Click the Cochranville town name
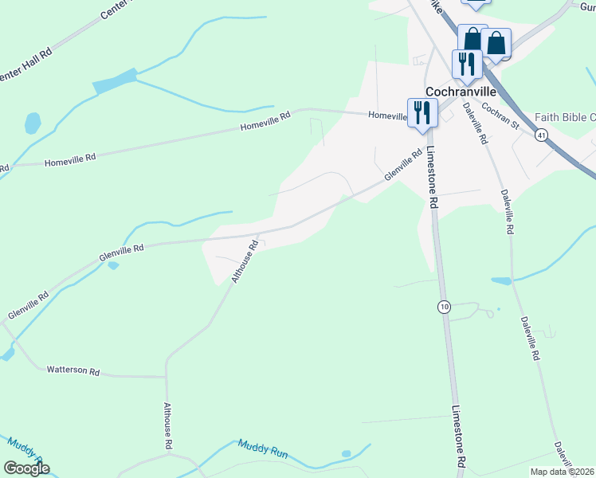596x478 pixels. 451,92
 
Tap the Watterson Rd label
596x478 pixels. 73,370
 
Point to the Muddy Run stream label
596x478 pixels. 262,450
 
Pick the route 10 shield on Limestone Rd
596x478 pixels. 443,307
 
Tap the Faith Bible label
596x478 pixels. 565,117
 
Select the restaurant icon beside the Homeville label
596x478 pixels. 422,112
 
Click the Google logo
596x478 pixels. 26,468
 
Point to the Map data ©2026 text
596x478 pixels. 563,472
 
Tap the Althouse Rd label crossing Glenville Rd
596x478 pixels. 245,261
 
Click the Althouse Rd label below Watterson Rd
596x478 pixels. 168,427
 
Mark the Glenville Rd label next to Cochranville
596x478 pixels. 402,166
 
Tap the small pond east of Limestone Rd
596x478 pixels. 501,280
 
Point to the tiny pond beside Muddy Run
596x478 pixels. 346,454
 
